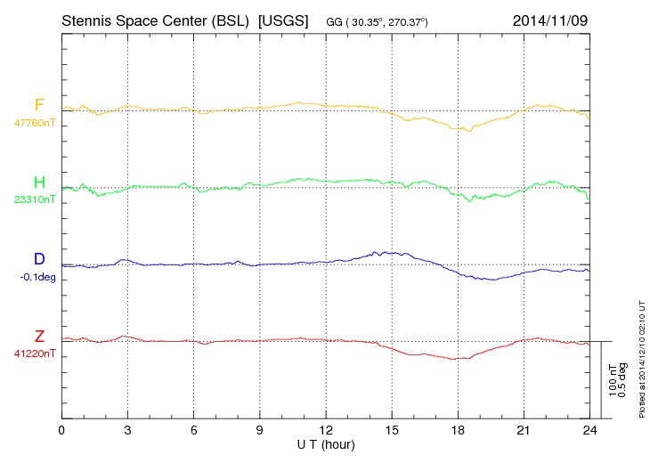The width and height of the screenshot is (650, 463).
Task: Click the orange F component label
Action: [39, 105]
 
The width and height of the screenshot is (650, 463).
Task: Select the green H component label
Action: [39, 183]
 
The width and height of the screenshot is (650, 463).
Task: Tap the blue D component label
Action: [39, 259]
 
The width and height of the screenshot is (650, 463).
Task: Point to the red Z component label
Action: [39, 336]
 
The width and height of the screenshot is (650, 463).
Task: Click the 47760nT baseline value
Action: [34, 123]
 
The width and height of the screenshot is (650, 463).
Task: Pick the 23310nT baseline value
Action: [34, 200]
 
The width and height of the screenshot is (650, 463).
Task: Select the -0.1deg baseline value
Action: [37, 277]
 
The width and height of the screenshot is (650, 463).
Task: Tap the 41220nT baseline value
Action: [34, 353]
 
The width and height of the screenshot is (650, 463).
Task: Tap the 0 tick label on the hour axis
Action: [61, 431]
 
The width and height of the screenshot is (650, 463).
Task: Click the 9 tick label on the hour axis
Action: [260, 431]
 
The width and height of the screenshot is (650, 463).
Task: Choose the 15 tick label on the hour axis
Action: [392, 431]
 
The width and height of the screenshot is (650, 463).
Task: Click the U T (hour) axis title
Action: [326, 443]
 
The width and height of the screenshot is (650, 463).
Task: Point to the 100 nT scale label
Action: [613, 380]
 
